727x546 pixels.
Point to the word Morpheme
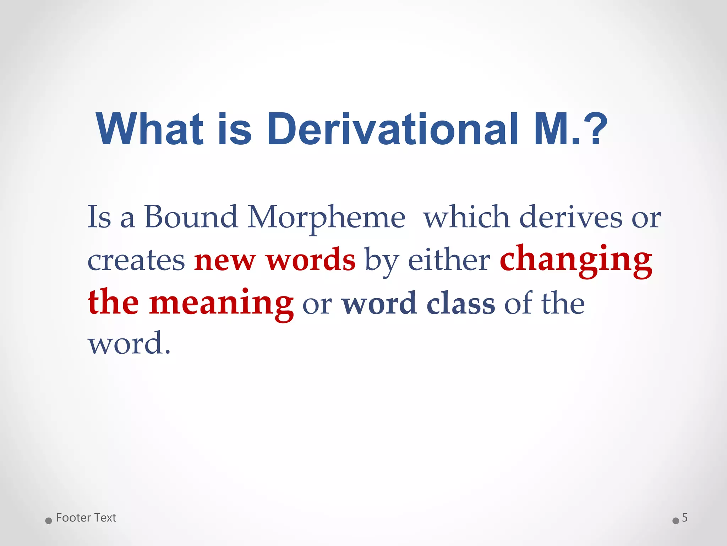click(326, 218)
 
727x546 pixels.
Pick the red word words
click(311, 259)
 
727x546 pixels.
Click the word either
click(449, 259)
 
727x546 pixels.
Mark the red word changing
click(576, 261)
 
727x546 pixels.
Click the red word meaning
click(221, 304)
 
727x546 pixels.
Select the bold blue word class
click(461, 304)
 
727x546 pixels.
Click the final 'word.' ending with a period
click(129, 343)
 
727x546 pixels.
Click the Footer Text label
click(86, 518)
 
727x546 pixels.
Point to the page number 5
click(685, 518)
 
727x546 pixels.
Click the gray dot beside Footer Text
click(49, 521)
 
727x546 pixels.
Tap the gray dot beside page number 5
click(676, 521)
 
